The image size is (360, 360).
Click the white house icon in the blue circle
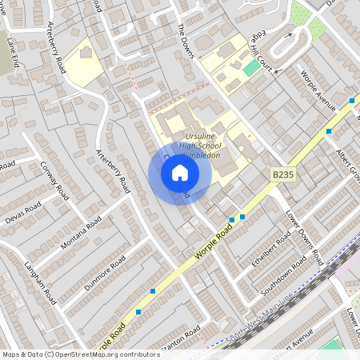click(x=180, y=173)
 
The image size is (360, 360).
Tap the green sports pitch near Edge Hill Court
click(x=252, y=67)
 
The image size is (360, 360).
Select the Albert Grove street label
click(x=349, y=165)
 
